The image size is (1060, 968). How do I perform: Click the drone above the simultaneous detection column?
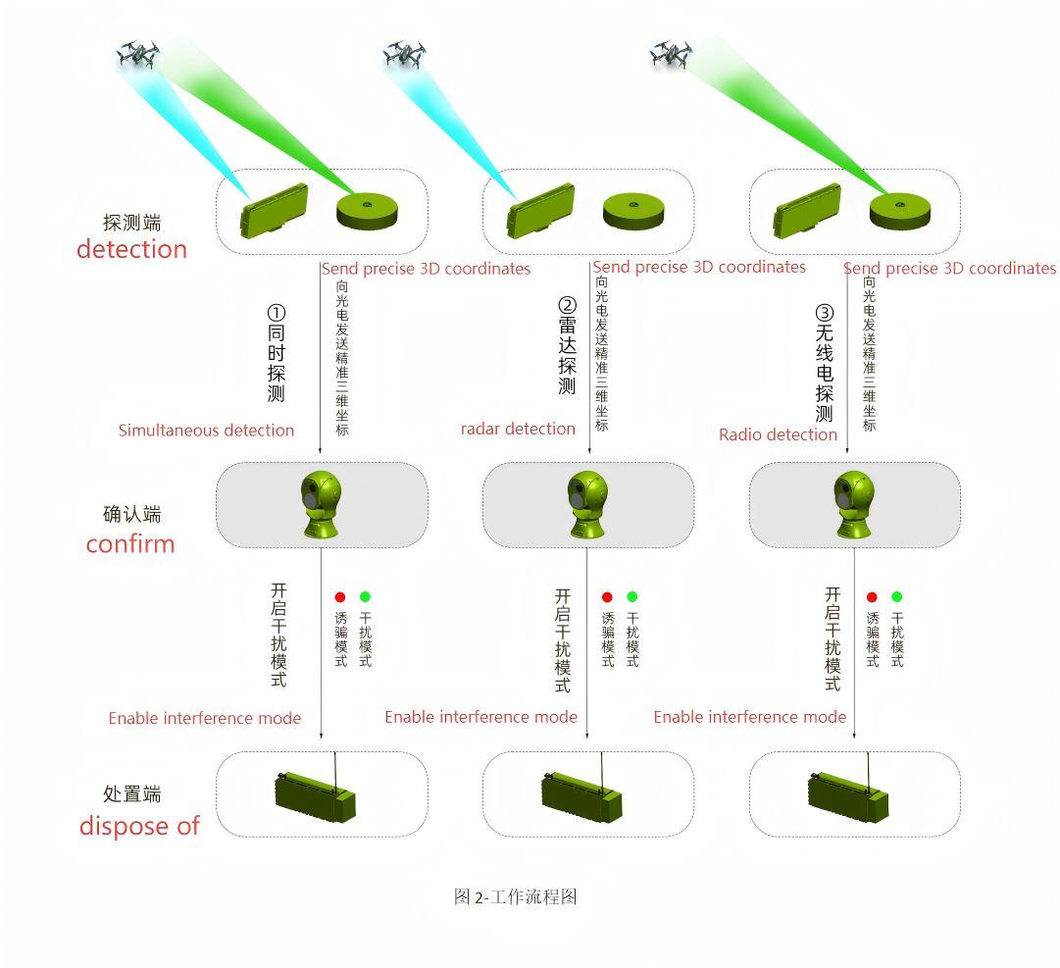tap(137, 54)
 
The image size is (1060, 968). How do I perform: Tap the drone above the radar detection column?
tap(403, 54)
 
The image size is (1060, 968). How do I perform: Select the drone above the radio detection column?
tap(671, 54)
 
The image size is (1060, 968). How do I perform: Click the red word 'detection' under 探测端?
tap(131, 249)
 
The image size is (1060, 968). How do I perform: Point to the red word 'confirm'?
tap(130, 543)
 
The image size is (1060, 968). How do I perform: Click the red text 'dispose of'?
tap(139, 826)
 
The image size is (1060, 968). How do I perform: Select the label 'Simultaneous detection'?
tap(206, 431)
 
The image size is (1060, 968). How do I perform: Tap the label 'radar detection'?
tap(518, 429)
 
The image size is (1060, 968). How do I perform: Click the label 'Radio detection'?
tap(778, 434)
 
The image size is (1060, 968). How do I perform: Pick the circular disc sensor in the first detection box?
tap(369, 211)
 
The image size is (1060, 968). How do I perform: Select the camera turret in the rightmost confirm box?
tap(853, 504)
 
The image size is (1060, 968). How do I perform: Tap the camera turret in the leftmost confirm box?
tap(322, 504)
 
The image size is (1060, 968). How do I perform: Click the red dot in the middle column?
tap(607, 597)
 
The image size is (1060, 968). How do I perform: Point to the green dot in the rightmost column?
tap(896, 597)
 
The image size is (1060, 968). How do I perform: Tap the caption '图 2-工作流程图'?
tap(515, 896)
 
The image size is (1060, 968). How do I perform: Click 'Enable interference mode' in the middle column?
tap(480, 717)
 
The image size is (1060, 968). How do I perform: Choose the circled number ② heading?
tap(567, 305)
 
